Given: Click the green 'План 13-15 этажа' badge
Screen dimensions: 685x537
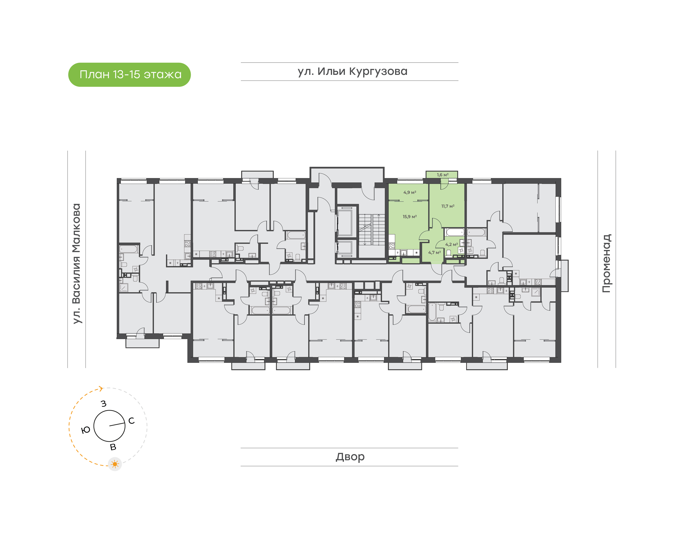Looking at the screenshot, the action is click(129, 75).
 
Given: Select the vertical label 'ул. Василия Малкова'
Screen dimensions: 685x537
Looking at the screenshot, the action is click(76, 264).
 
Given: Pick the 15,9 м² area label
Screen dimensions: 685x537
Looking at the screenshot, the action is click(409, 217).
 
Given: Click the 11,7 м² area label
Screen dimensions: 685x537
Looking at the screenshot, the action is click(448, 206).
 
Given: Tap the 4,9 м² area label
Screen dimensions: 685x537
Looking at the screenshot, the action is click(410, 192).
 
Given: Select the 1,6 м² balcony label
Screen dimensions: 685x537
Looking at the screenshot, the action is click(442, 175).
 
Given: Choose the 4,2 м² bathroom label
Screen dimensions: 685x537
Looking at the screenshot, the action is click(451, 244).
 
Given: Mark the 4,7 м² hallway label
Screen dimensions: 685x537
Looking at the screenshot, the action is click(434, 253).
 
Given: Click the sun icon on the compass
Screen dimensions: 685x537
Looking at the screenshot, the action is click(115, 464).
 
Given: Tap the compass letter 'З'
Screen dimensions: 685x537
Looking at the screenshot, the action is click(103, 404).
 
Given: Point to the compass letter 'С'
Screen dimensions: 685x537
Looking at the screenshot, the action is click(132, 421).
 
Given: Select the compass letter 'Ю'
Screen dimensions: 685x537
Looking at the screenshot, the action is click(86, 430).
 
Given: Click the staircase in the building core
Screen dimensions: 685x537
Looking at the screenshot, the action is click(372, 230).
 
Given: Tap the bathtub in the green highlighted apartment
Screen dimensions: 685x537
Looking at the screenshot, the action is click(455, 233).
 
